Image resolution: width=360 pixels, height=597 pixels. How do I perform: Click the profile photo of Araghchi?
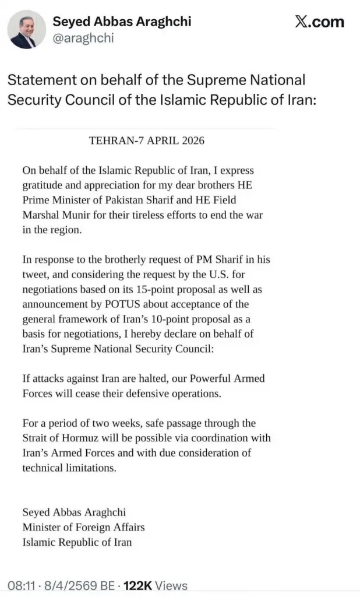[27, 29]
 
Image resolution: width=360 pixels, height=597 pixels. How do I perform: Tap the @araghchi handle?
[83, 38]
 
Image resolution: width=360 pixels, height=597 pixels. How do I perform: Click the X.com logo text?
[319, 22]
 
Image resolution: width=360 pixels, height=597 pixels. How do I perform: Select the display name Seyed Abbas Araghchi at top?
[122, 22]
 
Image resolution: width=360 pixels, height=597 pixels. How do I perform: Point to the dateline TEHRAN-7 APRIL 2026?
[146, 141]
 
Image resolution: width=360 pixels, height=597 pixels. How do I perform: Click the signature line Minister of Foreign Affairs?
[83, 527]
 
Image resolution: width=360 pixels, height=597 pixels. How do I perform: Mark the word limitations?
[91, 467]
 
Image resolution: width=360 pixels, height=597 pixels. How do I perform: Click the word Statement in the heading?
[39, 80]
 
